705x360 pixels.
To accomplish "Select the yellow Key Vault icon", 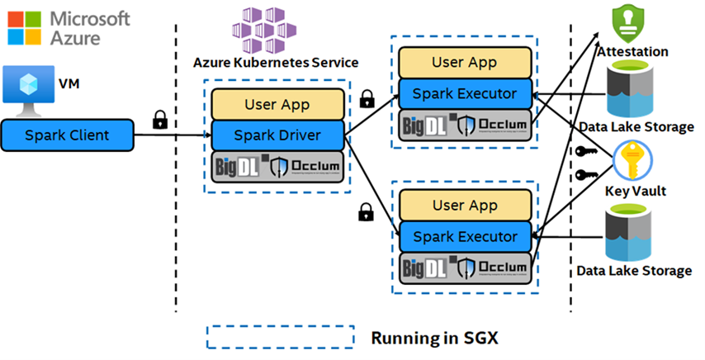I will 633,162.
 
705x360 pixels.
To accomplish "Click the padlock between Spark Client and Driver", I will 161,119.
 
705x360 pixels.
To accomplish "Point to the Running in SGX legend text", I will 428,338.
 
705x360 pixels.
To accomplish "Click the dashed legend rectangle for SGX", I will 272,337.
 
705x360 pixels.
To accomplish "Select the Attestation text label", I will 633,51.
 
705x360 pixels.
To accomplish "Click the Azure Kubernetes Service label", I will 275,62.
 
